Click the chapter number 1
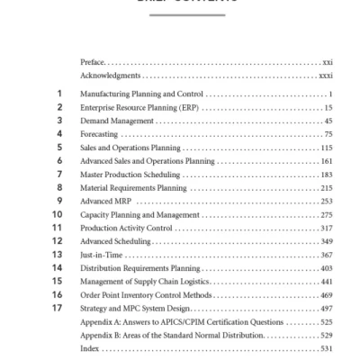tap(58, 94)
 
